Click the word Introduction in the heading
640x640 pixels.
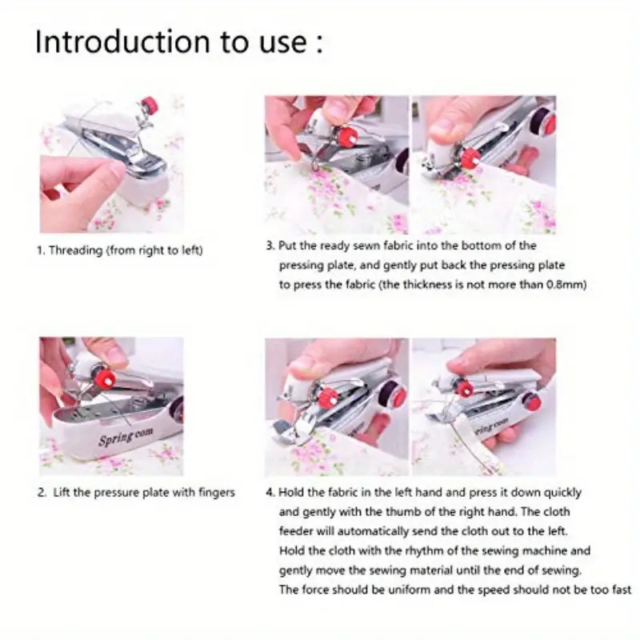click(x=112, y=42)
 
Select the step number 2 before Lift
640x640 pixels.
click(x=40, y=493)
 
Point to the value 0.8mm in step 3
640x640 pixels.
click(x=566, y=285)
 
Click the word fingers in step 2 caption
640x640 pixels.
click(x=215, y=493)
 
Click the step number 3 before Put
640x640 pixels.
click(x=270, y=246)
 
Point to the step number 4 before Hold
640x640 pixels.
click(x=270, y=493)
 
